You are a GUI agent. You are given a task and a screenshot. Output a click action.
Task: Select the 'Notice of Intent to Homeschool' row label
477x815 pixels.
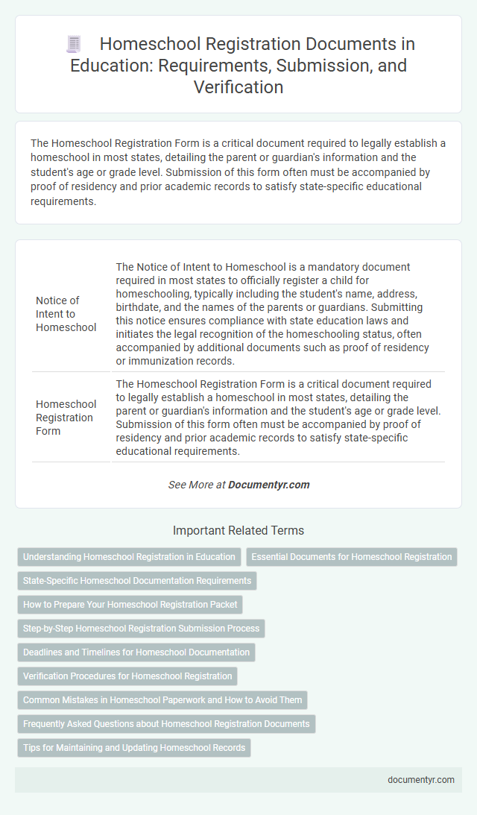[x=66, y=313]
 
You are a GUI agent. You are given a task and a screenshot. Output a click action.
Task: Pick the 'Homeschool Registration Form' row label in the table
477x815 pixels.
[x=66, y=418]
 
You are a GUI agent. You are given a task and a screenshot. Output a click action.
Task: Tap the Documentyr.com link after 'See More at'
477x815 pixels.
[x=268, y=485]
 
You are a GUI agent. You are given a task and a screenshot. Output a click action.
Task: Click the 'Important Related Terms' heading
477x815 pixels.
[x=238, y=531]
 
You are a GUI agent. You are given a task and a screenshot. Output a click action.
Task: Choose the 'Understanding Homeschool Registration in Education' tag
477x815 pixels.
[x=129, y=556]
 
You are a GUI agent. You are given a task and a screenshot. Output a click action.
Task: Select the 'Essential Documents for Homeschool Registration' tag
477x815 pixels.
[x=351, y=556]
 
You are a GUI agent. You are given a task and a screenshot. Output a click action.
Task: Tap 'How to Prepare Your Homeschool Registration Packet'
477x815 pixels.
[x=130, y=604]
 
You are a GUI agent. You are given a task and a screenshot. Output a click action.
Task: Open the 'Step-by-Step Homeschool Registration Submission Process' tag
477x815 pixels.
[x=141, y=628]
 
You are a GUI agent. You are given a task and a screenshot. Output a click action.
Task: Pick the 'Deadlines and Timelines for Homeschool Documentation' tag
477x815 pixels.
[x=136, y=652]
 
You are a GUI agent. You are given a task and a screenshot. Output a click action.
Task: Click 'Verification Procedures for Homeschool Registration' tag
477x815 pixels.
[x=127, y=676]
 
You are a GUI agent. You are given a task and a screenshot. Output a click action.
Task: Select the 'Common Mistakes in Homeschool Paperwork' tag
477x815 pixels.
[x=162, y=699]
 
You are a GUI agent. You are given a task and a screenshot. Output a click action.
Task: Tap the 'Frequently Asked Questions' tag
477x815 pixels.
[x=166, y=723]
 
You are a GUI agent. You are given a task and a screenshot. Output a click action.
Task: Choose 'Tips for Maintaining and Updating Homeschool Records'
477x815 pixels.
[x=133, y=747]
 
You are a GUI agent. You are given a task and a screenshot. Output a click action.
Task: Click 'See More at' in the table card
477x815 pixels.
[x=196, y=485]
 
